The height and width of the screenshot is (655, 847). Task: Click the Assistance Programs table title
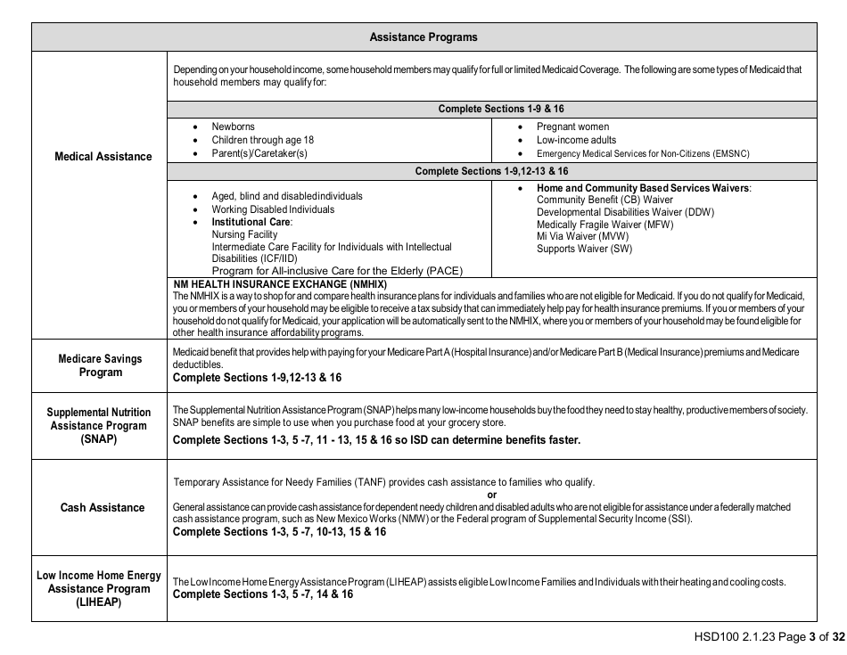tap(423, 37)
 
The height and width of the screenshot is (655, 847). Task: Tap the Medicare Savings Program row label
tap(100, 365)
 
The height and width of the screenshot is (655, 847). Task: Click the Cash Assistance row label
tap(103, 508)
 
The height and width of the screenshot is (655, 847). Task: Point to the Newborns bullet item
tap(233, 127)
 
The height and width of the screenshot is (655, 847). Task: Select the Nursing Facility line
tap(244, 234)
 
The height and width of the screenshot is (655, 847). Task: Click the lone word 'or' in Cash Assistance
tap(492, 495)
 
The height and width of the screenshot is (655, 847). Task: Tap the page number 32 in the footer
tap(837, 637)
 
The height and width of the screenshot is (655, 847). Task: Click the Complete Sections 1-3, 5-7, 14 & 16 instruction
tap(262, 594)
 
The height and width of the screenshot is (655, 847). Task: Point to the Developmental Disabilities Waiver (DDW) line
tap(625, 212)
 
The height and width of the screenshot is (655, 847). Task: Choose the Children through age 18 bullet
tap(262, 140)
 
